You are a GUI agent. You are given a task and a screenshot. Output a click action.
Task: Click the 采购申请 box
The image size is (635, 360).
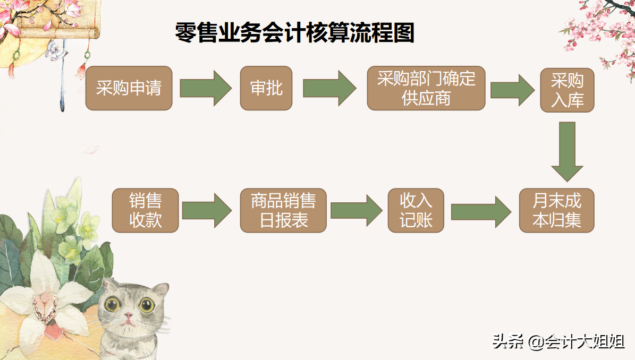[x=129, y=88]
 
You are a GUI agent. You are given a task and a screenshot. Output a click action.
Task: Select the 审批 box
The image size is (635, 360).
[x=266, y=88]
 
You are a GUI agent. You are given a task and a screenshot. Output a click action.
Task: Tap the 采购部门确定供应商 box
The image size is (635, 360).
[x=426, y=88]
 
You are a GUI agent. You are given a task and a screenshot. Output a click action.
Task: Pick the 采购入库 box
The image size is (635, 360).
[x=567, y=90]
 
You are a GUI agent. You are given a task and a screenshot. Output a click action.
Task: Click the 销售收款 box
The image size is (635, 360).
[x=145, y=210]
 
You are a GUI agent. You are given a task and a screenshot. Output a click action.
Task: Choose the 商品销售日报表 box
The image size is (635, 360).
[x=283, y=210]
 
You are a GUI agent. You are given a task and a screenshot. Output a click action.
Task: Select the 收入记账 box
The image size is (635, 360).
[x=416, y=210]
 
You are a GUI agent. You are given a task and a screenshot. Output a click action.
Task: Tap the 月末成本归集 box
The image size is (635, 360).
[x=556, y=210]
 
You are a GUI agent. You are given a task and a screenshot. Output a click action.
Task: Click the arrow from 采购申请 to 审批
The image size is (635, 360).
[x=205, y=88]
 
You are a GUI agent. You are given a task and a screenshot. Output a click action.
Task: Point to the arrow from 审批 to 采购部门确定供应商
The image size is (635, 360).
[x=329, y=88]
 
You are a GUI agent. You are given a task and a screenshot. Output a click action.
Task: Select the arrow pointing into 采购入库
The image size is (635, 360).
[x=512, y=89]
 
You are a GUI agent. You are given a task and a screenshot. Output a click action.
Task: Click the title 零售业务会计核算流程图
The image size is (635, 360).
[x=295, y=33]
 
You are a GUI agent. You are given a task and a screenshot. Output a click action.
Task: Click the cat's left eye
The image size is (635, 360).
[x=112, y=304]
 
